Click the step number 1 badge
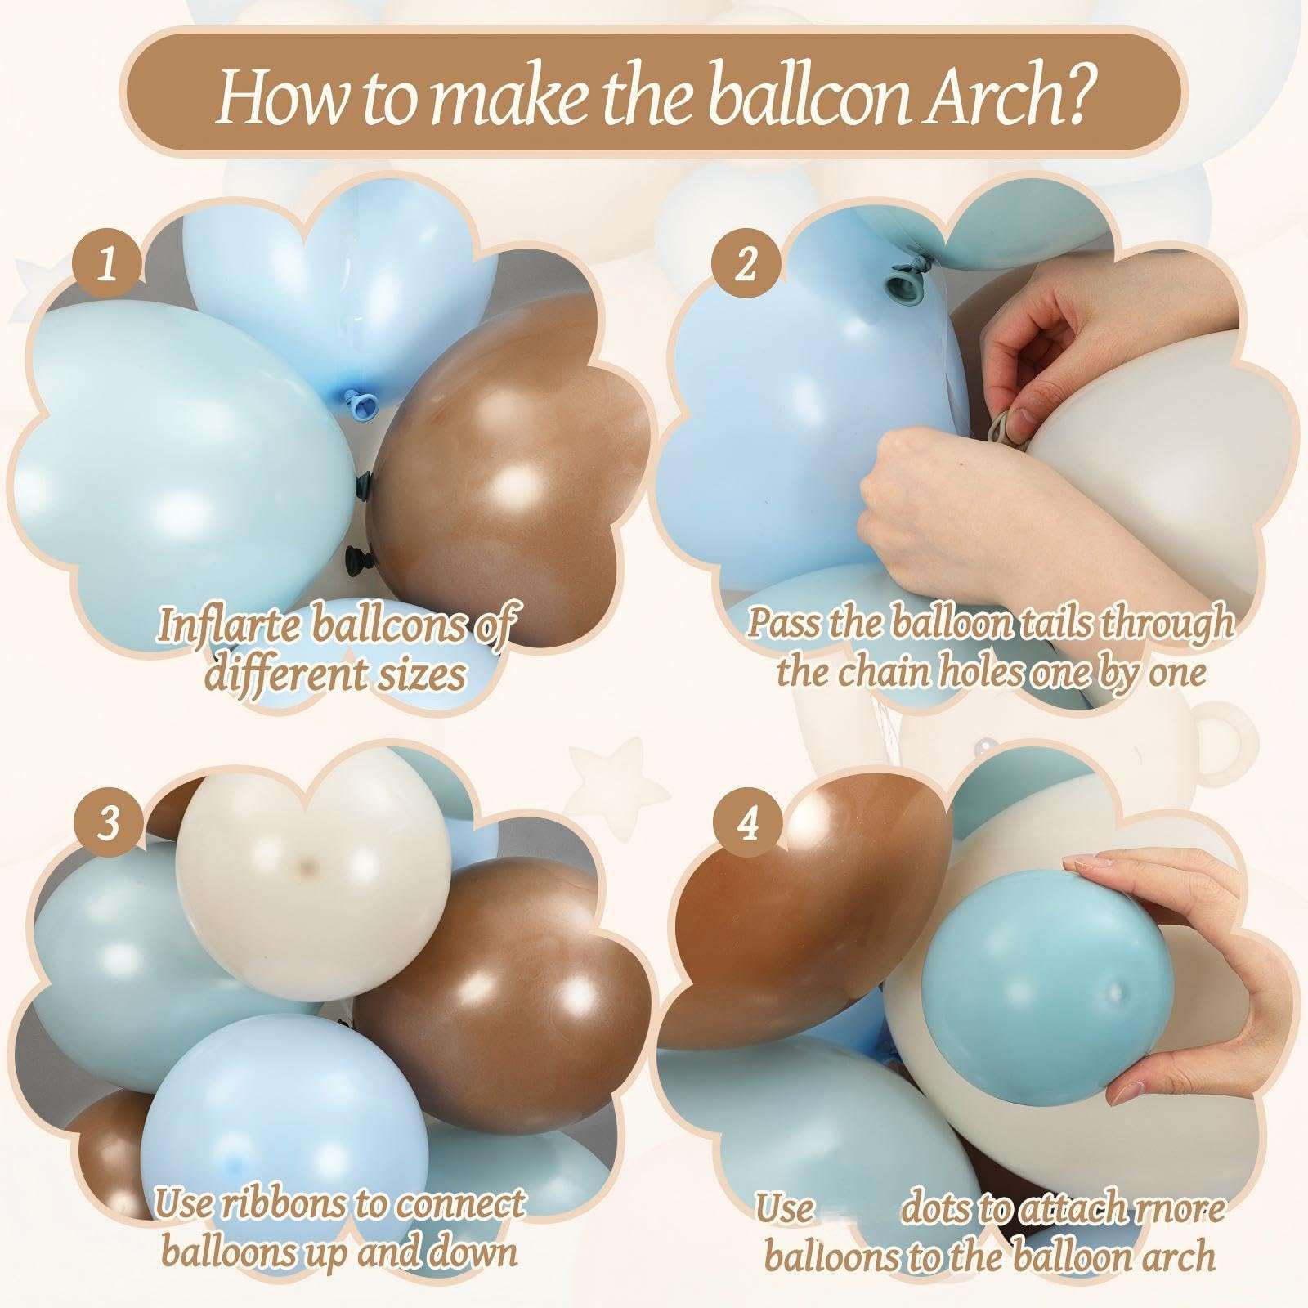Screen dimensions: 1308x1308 coord(107,267)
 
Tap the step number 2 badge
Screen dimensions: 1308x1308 coord(745,267)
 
